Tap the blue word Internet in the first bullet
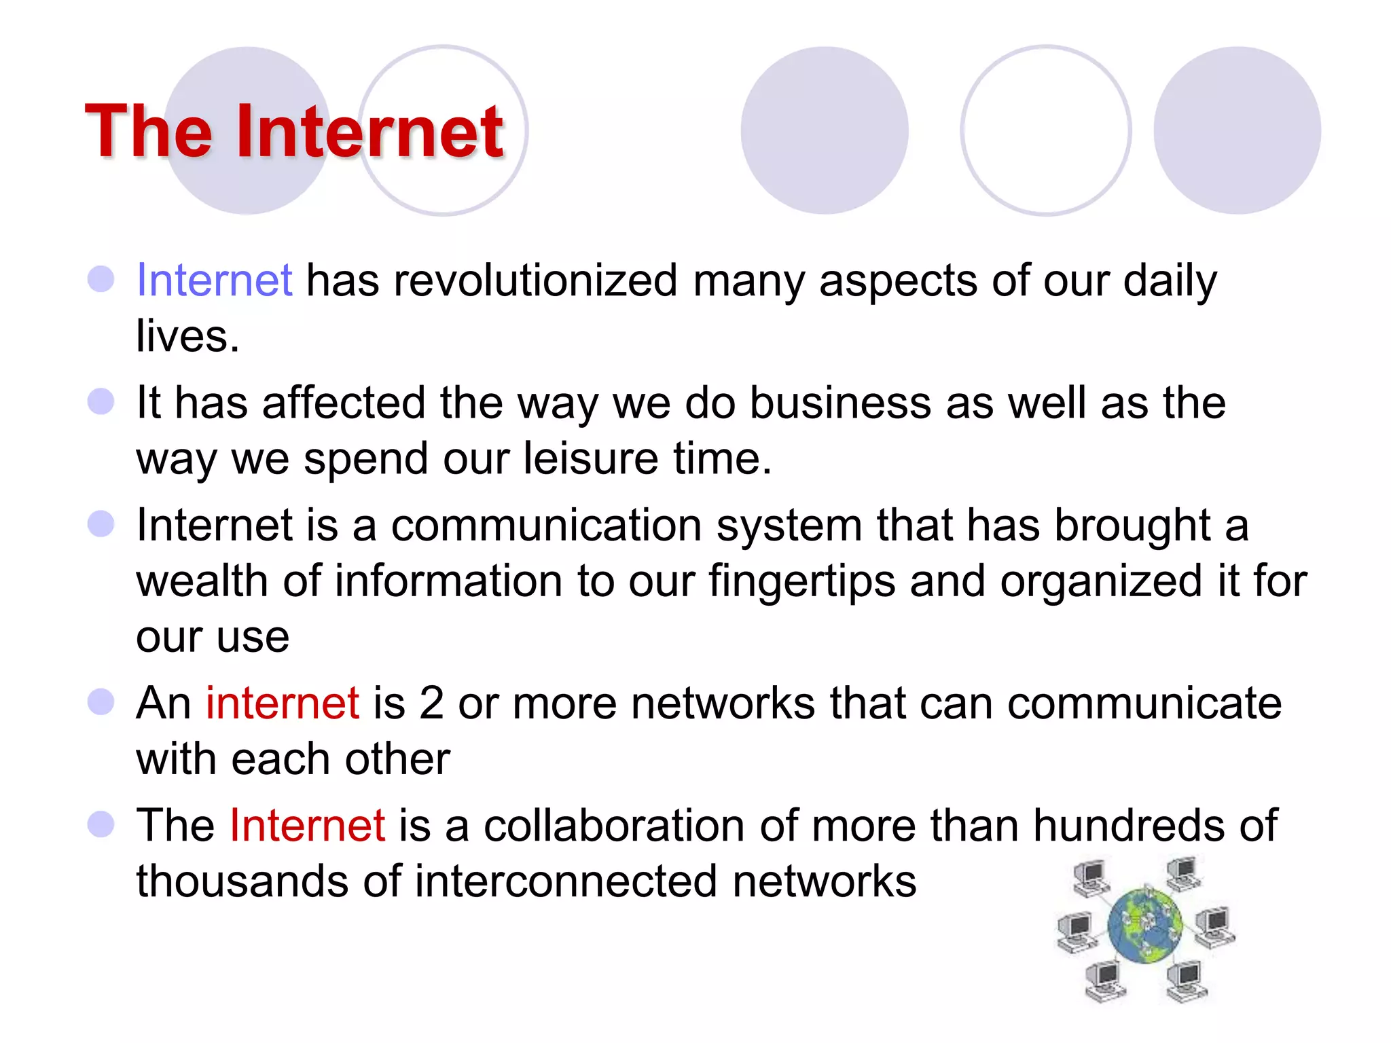[215, 280]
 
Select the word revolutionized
[535, 280]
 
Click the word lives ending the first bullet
[187, 336]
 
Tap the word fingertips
[801, 582]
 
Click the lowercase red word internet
[283, 703]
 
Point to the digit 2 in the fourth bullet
[431, 703]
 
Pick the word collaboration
[614, 826]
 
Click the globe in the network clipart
[1145, 926]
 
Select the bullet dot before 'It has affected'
[101, 401]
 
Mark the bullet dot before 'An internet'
[101, 702]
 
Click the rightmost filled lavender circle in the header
[1237, 130]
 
